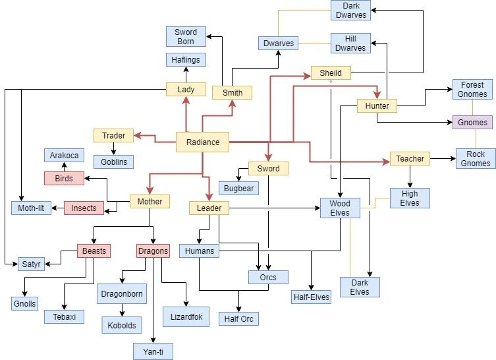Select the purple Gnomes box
472,122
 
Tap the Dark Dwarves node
350,11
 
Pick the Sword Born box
186,37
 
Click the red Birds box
64,178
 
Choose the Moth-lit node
31,208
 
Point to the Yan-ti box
153,351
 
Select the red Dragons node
153,251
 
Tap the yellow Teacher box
410,159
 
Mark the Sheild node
331,73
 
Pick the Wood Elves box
340,208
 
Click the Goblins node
113,162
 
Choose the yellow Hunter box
377,105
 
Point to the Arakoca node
64,156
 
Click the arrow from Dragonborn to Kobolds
121,309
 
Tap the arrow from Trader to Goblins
113,149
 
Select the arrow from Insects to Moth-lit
57,208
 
